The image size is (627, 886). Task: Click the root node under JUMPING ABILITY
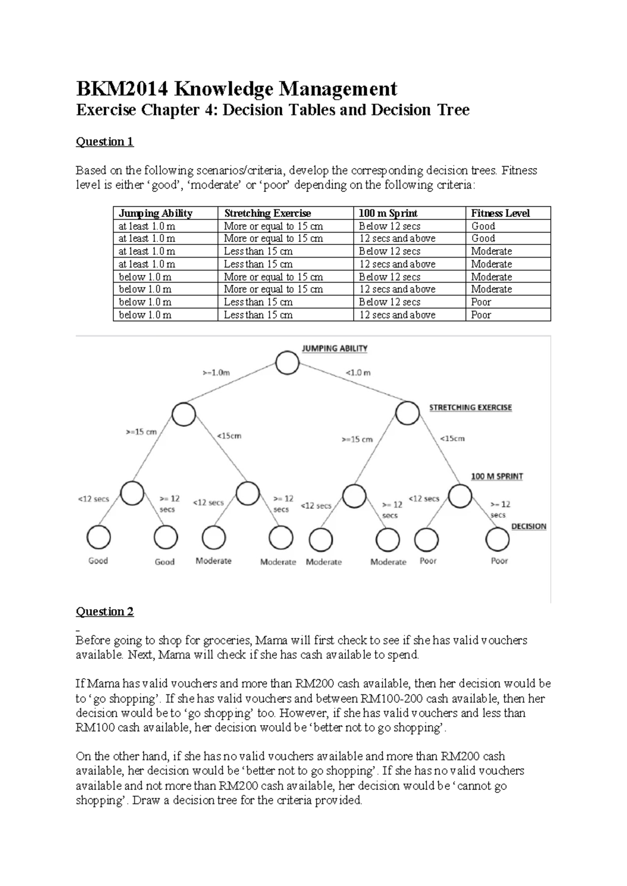(x=287, y=363)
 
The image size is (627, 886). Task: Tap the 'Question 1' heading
(x=104, y=142)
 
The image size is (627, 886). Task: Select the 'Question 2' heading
(x=104, y=611)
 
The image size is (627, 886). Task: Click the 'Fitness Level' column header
(x=500, y=213)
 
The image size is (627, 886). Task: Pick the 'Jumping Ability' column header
(x=155, y=213)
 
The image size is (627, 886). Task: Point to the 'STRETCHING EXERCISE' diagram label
(x=470, y=407)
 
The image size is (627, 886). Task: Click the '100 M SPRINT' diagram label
(x=496, y=476)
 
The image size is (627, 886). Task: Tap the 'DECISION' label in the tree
(x=528, y=527)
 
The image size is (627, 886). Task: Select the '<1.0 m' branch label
(x=358, y=373)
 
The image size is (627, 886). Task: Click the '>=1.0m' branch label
(x=216, y=373)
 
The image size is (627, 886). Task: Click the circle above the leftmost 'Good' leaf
(x=98, y=537)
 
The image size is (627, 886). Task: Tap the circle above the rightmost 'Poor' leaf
(x=497, y=540)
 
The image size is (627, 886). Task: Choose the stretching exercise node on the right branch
(x=407, y=414)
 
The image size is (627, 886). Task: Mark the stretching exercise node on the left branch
(x=183, y=415)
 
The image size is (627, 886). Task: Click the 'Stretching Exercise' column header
(x=267, y=213)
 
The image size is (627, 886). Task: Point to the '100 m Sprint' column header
(x=388, y=213)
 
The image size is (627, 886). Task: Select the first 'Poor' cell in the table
(x=481, y=302)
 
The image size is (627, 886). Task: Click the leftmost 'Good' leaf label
(x=98, y=561)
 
